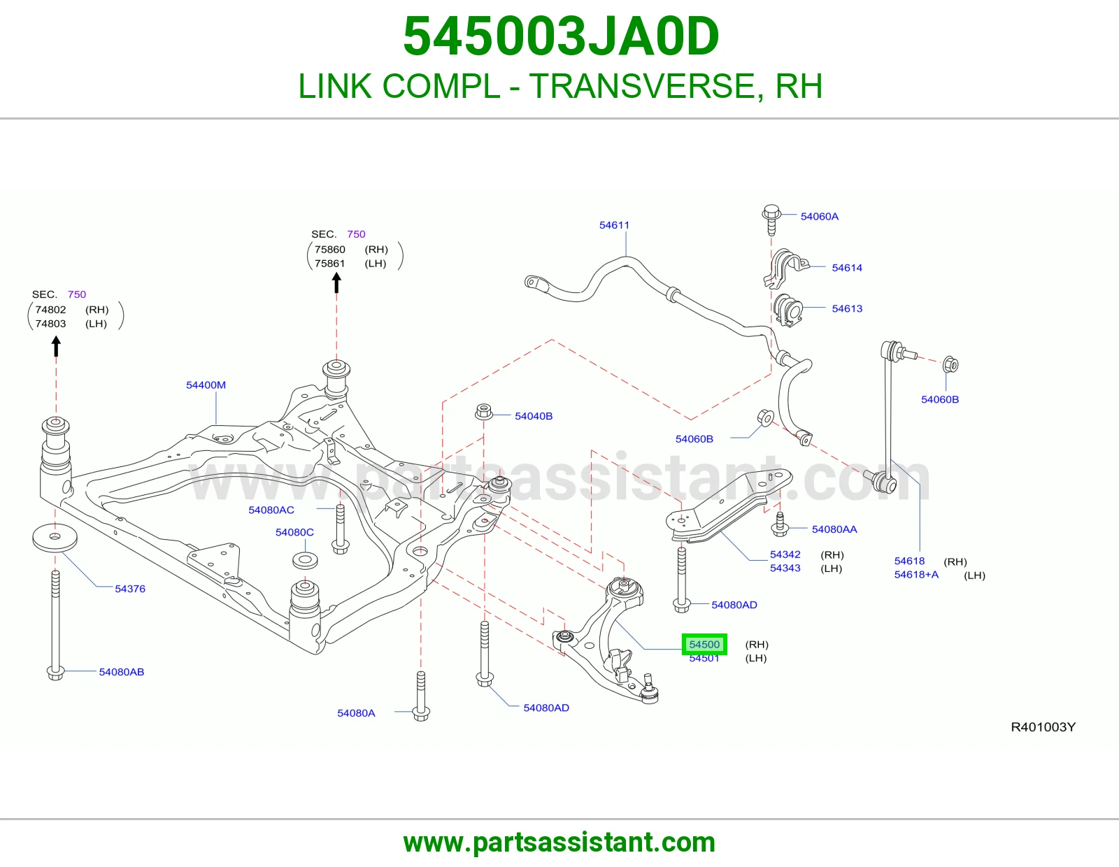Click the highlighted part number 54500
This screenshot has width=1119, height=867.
pos(704,644)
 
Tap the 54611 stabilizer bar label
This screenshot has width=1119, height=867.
pos(614,225)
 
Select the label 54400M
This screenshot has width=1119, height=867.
pos(206,385)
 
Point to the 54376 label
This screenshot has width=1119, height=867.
pos(130,589)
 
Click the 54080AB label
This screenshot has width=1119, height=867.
pos(122,672)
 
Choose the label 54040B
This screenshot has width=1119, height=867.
pos(534,416)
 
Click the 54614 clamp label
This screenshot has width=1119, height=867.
pos(846,268)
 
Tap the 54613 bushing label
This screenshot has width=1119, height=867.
pos(846,308)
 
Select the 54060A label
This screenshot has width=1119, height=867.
pos(819,216)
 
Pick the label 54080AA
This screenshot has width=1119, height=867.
pos(834,529)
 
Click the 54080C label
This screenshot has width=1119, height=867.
pos(294,532)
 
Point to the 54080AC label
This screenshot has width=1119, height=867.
pos(271,510)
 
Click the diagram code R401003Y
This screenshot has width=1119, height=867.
pos(1043,727)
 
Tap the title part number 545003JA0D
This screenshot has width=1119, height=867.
pos(561,36)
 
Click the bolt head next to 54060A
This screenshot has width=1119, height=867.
pos(771,212)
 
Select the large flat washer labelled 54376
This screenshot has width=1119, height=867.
pos(55,538)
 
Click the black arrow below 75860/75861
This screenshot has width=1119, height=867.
pos(336,282)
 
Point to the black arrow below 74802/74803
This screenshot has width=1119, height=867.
pos(56,346)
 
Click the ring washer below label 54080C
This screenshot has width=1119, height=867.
pos(305,561)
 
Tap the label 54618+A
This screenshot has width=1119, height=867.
pos(916,575)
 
